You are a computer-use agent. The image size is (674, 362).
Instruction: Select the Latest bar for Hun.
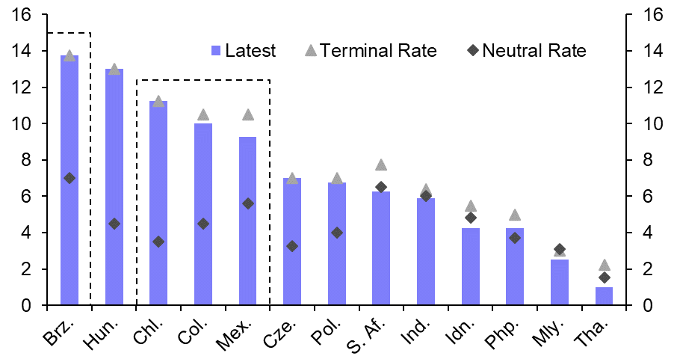click(x=114, y=187)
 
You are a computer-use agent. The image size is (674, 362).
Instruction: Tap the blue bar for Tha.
click(x=604, y=296)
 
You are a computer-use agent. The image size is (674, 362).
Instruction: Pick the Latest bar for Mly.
click(x=560, y=283)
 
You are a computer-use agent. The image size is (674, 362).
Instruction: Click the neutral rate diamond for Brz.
click(x=69, y=178)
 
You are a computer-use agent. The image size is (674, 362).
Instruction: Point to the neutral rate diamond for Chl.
click(x=158, y=242)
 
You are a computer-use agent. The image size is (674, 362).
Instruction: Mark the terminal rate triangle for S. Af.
click(x=381, y=165)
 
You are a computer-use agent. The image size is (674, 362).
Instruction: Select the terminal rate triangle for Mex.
click(x=248, y=114)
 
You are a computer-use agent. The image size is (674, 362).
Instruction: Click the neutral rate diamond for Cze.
click(x=292, y=245)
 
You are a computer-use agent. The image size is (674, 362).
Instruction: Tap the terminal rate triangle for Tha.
click(x=605, y=265)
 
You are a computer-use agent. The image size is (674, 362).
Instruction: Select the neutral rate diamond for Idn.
click(x=471, y=218)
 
